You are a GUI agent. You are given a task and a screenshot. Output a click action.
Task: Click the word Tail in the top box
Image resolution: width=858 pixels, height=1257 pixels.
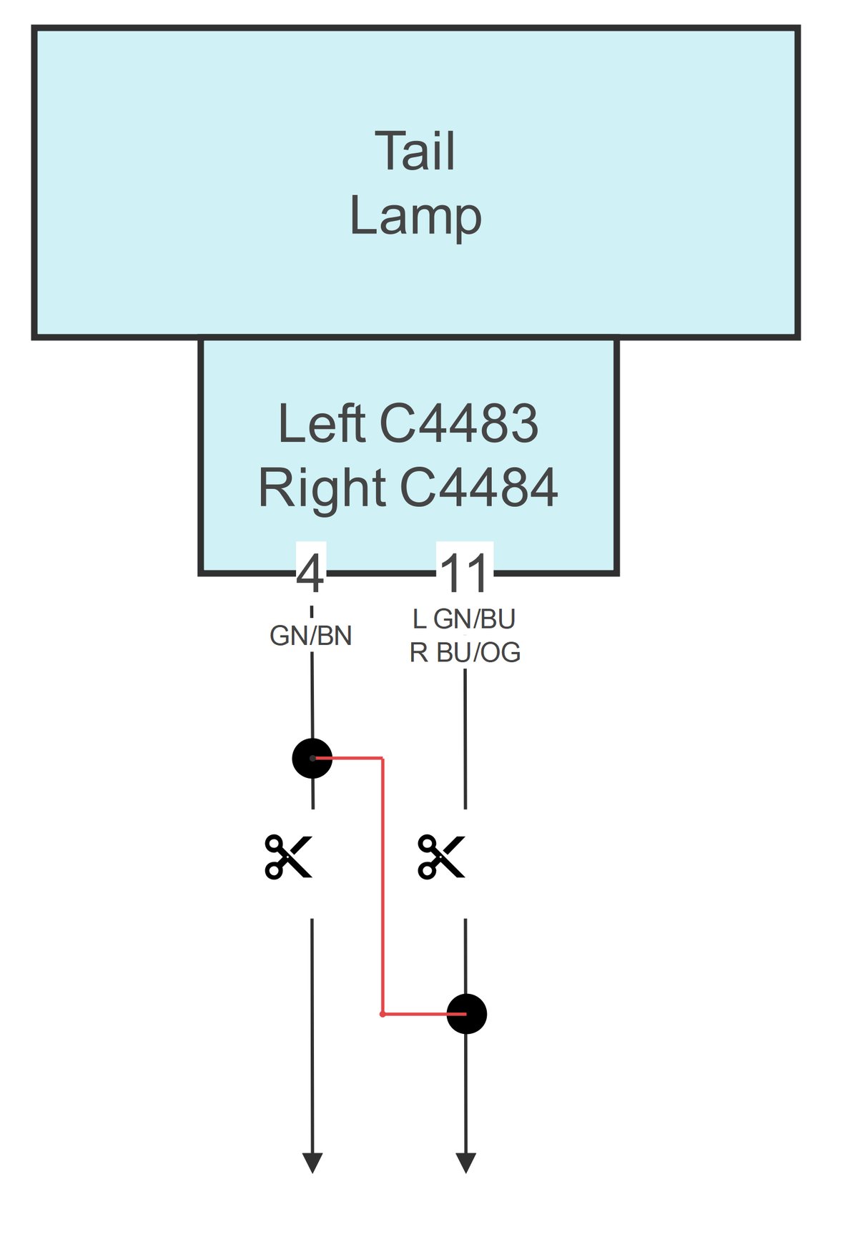pos(415,152)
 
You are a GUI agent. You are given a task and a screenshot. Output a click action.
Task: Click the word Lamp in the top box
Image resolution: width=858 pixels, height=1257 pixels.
pos(415,216)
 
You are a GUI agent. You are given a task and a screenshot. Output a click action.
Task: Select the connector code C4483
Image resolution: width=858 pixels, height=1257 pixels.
pos(458,423)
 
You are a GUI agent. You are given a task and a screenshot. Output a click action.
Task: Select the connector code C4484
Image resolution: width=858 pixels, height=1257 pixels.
pos(478,488)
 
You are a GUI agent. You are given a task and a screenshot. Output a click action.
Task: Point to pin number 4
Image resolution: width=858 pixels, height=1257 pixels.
pos(310,573)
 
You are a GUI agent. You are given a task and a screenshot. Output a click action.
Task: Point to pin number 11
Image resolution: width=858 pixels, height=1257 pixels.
pos(465,573)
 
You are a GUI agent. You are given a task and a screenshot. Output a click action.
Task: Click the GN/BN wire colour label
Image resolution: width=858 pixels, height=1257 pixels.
pos(311,636)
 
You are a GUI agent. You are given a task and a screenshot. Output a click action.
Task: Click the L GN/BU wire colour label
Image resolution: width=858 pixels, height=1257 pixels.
pos(464,619)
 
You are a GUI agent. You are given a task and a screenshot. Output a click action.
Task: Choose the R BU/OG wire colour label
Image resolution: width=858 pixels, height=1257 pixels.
pos(465,653)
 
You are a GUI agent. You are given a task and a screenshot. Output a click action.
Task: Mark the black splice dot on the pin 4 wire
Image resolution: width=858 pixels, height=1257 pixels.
pos(312,758)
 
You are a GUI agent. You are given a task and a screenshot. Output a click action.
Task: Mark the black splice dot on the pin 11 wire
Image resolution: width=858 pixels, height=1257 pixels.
pos(467,1014)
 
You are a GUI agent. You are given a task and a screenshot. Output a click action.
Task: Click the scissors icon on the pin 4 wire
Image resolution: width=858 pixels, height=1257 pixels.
pos(288,856)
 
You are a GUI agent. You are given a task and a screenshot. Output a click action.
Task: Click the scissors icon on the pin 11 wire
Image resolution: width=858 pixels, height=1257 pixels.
pos(441,856)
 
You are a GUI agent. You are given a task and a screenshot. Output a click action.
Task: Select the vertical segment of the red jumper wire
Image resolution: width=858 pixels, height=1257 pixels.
pos(383,887)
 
